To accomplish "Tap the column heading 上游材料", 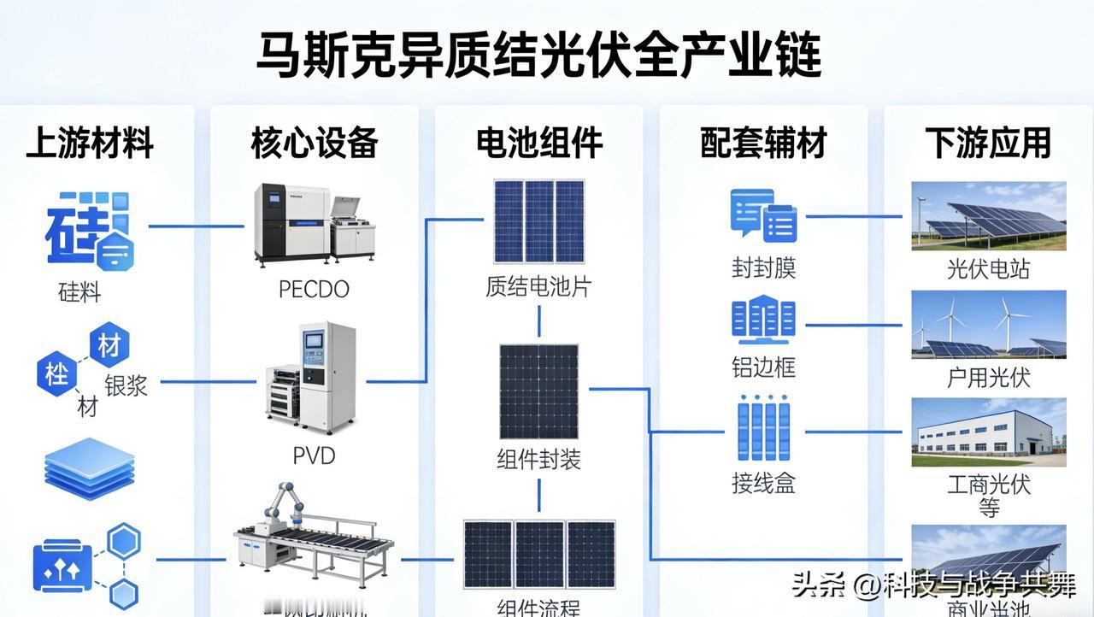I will tap(90, 143).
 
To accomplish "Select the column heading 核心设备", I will tap(315, 143).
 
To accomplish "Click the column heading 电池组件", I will tap(539, 143).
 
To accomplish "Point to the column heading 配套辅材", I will tap(763, 143).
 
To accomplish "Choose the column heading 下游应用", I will tap(988, 143).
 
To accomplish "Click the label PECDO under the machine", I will tap(314, 289).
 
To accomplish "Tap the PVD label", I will tap(314, 455).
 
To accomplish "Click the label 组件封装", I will tap(538, 460).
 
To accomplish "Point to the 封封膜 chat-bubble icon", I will tap(763, 216).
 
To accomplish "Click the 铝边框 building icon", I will tap(763, 321).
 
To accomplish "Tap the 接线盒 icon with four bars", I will tap(763, 432).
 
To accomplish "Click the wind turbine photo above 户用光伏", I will tap(988, 325).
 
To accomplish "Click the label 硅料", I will tap(79, 293).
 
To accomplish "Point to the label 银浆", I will tap(126, 385).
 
